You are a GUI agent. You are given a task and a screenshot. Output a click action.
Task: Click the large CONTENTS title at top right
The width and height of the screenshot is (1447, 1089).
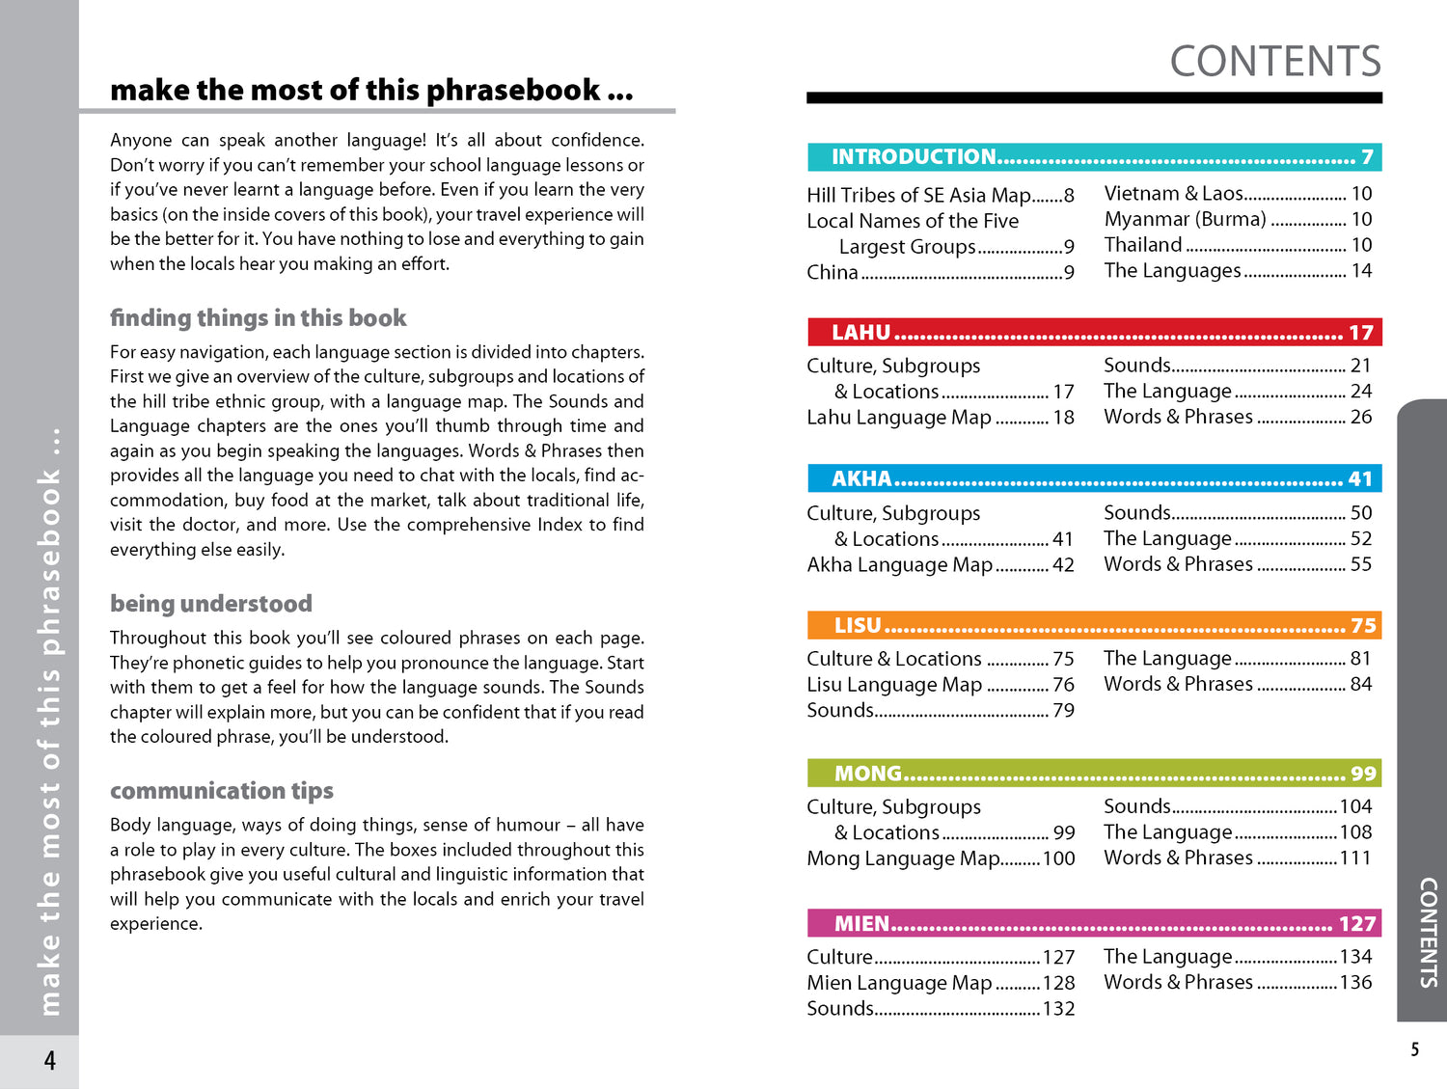point(1274,62)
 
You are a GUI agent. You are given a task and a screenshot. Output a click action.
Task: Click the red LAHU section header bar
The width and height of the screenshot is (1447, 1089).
point(1094,333)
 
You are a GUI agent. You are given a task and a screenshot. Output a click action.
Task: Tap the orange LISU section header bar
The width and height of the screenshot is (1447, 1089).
point(1094,625)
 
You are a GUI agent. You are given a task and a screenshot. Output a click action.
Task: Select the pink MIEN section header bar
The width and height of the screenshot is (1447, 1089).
point(1094,924)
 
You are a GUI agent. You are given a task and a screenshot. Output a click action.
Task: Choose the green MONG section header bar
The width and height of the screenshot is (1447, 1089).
point(1094,774)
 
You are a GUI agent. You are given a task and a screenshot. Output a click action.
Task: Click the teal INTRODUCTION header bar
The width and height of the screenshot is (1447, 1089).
point(1094,157)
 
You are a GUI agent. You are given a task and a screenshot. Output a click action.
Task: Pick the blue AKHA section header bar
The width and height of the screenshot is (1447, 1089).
point(1094,478)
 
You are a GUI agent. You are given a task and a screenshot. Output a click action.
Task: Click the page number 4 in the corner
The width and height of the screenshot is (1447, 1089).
point(49,1061)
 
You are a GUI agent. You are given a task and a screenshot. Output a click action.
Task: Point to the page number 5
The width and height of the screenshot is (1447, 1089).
point(1414,1049)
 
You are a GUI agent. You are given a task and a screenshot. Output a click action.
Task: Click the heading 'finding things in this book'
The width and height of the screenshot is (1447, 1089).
point(258,318)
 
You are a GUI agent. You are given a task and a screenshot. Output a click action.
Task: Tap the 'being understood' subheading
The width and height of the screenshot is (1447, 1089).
point(210,604)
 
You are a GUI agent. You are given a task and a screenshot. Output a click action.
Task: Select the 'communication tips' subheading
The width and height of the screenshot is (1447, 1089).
point(221,791)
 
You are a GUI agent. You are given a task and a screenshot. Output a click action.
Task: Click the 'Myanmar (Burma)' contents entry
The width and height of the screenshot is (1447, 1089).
point(1185,220)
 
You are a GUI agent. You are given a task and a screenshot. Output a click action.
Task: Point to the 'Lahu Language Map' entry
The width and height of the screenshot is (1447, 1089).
point(898,418)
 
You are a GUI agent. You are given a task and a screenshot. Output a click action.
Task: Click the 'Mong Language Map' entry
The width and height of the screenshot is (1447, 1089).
point(903,858)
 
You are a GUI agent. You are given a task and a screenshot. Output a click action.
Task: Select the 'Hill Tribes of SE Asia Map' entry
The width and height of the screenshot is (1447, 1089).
point(918,196)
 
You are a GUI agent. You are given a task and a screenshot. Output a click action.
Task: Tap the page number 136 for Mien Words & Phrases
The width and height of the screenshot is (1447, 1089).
point(1354,982)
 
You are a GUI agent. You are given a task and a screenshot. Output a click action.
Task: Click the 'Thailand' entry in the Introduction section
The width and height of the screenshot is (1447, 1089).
point(1142,245)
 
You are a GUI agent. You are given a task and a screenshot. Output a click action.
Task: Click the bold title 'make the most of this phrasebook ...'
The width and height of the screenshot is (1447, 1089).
point(371,91)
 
